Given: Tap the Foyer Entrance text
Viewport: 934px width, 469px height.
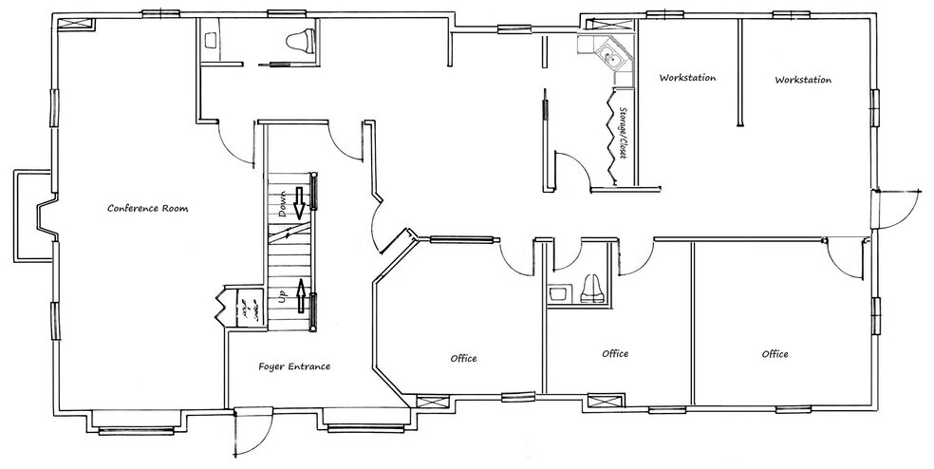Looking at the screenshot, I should click(x=294, y=366).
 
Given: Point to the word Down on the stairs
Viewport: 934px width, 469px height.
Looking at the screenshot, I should click(x=283, y=204).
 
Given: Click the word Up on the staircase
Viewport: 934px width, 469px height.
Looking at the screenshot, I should click(x=283, y=296).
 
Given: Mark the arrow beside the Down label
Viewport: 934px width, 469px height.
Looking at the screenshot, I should click(x=299, y=200).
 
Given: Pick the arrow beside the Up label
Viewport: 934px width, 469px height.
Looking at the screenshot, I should click(x=302, y=296).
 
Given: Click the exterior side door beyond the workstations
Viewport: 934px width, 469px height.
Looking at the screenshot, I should click(x=897, y=208).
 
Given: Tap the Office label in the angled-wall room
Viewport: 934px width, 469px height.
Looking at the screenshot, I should click(x=463, y=358).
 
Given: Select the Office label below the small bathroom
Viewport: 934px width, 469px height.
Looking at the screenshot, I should click(x=615, y=353).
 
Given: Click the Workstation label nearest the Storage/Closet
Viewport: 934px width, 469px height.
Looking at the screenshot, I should click(x=687, y=78).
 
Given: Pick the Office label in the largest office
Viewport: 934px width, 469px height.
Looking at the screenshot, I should click(x=775, y=354).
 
